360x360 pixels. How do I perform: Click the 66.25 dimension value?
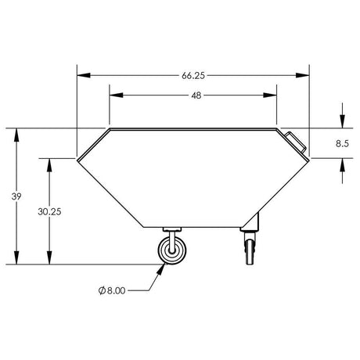tap(193, 76)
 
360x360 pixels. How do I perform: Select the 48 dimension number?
tap(196, 95)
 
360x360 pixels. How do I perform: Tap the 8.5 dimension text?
tap(342, 143)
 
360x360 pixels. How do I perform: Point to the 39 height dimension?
tap(16, 196)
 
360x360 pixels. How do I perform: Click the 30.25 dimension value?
tap(49, 211)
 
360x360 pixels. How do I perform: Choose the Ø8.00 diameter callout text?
tap(112, 290)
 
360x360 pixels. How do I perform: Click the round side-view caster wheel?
tap(172, 250)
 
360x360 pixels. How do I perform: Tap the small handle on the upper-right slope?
tap(296, 142)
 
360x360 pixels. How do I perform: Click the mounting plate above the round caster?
tap(172, 229)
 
